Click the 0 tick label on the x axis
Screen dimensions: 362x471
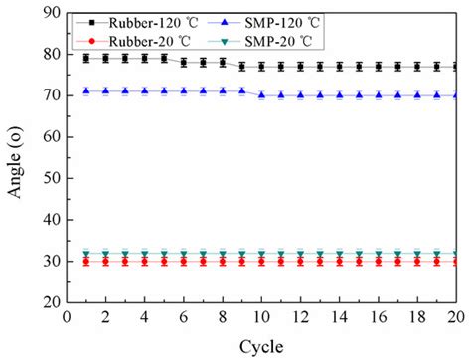tap(67, 317)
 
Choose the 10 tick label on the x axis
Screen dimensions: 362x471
tap(262, 317)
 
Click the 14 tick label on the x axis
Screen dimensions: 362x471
tap(340, 317)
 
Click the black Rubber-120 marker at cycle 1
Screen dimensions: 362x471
tap(86, 59)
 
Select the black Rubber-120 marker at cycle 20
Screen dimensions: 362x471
tap(456, 67)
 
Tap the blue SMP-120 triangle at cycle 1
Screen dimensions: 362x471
tap(86, 90)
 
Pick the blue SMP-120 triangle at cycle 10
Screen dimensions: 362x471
tap(262, 95)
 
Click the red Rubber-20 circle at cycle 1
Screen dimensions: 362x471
tap(86, 262)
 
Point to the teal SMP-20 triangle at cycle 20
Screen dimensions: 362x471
tap(456, 254)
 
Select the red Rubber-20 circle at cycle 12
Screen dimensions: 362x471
tap(301, 262)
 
